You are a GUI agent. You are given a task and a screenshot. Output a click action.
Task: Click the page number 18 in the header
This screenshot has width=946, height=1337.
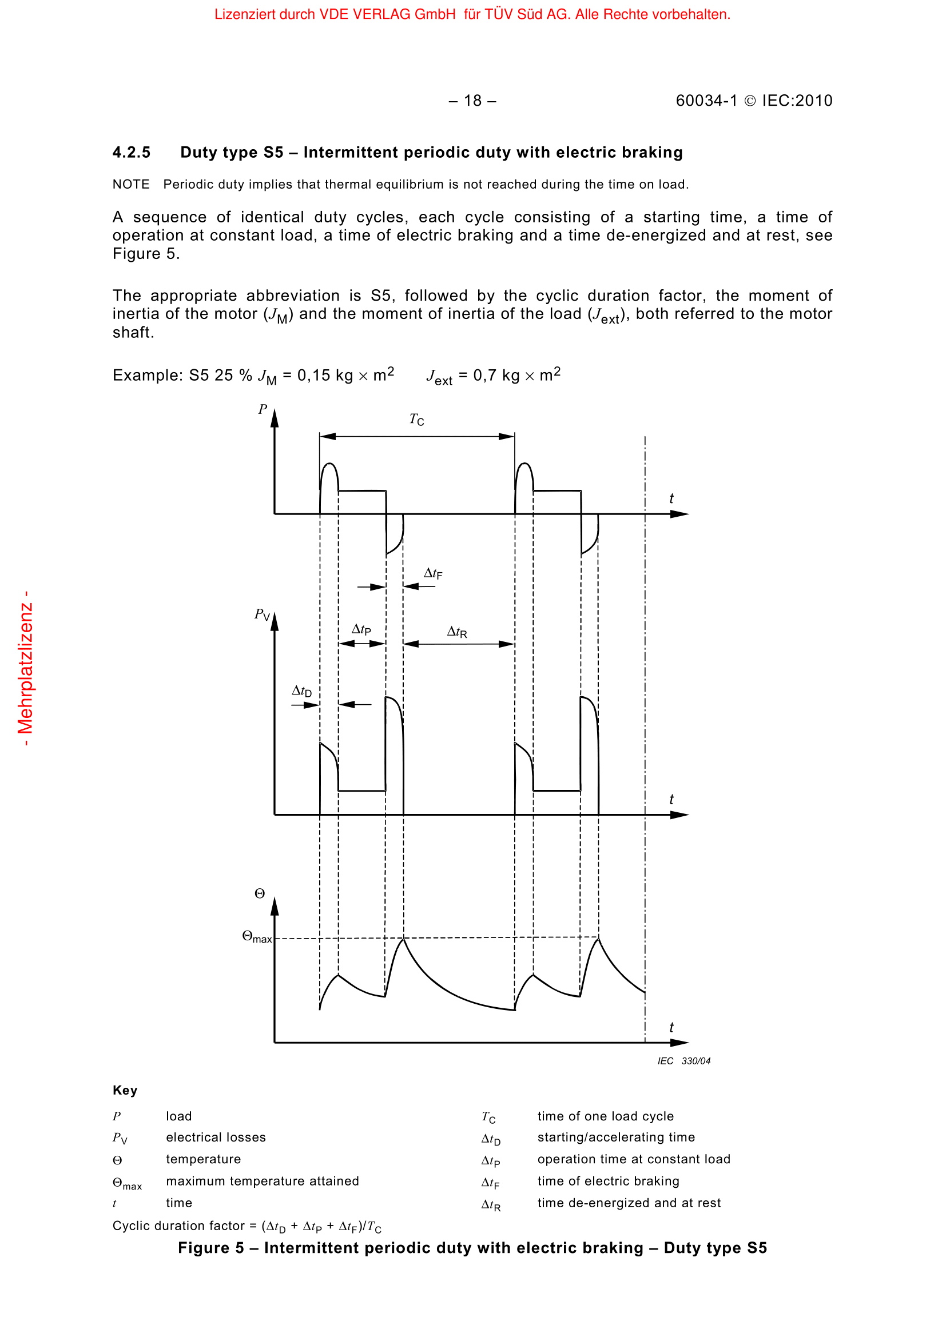pyautogui.click(x=472, y=101)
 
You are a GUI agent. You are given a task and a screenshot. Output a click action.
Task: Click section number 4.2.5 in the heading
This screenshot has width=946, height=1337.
pyautogui.click(x=131, y=153)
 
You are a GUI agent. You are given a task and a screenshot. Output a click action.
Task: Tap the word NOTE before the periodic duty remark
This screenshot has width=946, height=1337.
pyautogui.click(x=130, y=185)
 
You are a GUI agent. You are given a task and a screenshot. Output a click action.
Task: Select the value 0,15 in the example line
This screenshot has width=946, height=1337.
pyautogui.click(x=313, y=376)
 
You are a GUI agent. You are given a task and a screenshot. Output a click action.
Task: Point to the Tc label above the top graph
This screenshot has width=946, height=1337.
pyautogui.click(x=416, y=419)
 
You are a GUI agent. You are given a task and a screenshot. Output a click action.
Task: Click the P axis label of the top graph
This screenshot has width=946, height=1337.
pyautogui.click(x=263, y=409)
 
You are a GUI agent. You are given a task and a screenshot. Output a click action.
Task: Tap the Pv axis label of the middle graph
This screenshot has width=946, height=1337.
pyautogui.click(x=261, y=615)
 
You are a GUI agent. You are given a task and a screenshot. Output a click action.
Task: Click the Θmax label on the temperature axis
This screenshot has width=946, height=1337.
pyautogui.click(x=256, y=937)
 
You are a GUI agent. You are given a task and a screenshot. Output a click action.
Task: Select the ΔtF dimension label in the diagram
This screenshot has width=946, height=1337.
pyautogui.click(x=433, y=573)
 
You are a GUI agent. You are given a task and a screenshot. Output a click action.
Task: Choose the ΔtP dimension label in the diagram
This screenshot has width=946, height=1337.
pyautogui.click(x=361, y=629)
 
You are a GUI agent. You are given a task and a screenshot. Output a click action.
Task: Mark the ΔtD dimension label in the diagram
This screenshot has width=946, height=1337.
pyautogui.click(x=302, y=691)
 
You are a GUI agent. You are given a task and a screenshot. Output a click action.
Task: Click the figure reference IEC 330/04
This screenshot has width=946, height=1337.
pyautogui.click(x=684, y=1061)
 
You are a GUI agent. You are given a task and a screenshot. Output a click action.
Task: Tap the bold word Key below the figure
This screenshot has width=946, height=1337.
pyautogui.click(x=125, y=1090)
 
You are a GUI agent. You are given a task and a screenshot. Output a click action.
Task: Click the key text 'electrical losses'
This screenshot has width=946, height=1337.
pyautogui.click(x=216, y=1138)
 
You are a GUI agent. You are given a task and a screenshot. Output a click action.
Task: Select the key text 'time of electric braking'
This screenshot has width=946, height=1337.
pyautogui.click(x=608, y=1181)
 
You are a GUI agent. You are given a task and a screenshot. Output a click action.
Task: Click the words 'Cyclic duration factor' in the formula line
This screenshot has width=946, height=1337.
pyautogui.click(x=178, y=1226)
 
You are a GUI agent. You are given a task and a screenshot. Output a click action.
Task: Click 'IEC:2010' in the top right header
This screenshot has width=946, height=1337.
pyautogui.click(x=797, y=101)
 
